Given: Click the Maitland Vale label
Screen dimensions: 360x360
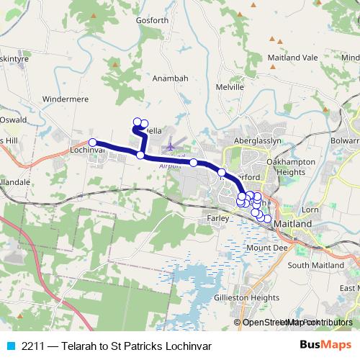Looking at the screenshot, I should (x=292, y=57).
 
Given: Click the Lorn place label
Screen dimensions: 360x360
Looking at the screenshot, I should (x=310, y=210).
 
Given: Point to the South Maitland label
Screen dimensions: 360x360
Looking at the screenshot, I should (x=313, y=266).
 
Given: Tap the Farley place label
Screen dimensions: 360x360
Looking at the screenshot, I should (x=217, y=215).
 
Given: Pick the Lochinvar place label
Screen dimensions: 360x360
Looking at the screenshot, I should (x=89, y=150).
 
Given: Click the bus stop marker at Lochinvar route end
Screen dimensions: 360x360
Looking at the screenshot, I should (x=92, y=142).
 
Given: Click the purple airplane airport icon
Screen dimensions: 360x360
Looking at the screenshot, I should (x=171, y=147).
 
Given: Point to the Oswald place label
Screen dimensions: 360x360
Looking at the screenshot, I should (x=14, y=120).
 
